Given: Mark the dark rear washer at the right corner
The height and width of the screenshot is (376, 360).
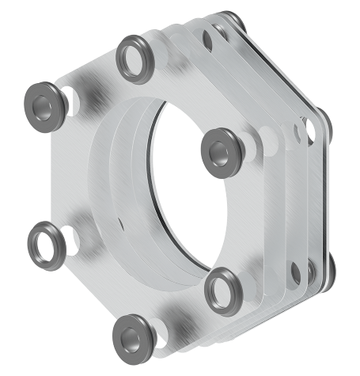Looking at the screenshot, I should click(323, 119).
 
